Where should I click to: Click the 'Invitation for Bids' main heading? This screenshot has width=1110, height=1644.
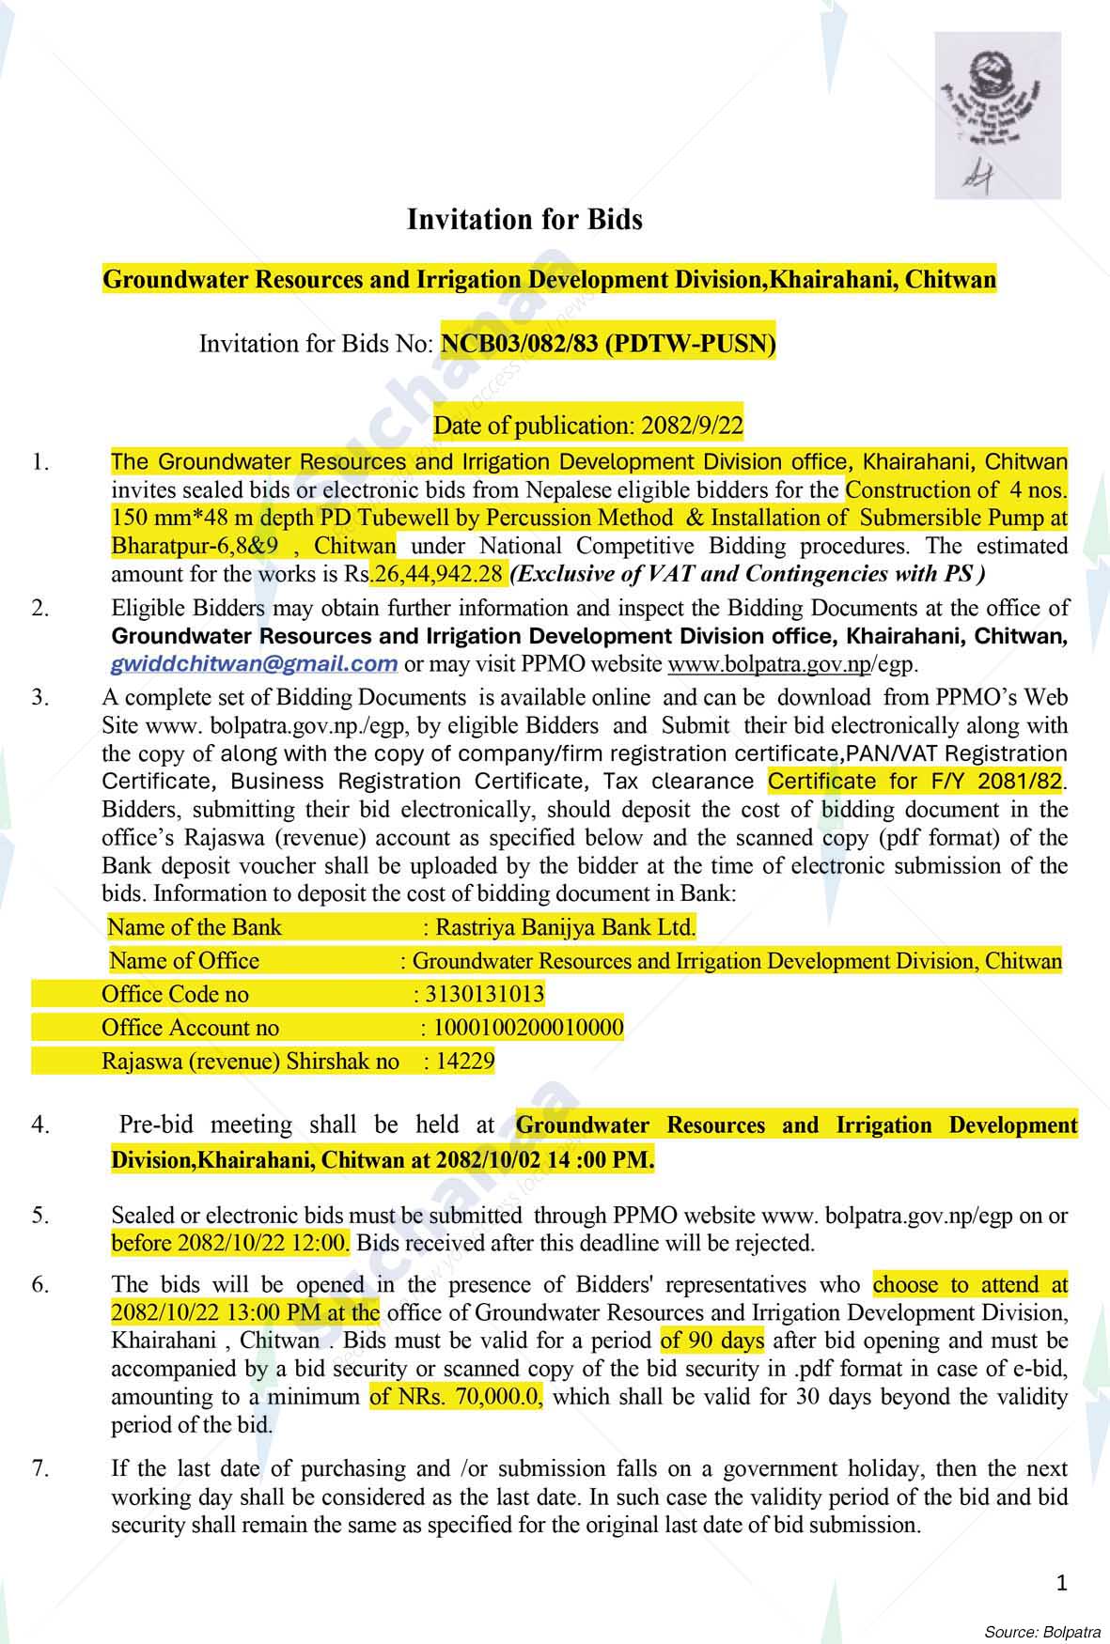(x=524, y=220)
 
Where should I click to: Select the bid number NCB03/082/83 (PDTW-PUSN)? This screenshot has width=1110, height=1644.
(x=608, y=344)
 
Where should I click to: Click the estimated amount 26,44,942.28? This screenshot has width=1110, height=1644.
(x=439, y=573)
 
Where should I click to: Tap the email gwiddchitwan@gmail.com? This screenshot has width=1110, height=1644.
(x=254, y=664)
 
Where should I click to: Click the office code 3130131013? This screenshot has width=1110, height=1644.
(x=485, y=994)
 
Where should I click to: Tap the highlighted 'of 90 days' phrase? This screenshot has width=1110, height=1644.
(x=712, y=1341)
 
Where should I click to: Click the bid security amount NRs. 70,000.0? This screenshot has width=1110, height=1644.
(x=456, y=1397)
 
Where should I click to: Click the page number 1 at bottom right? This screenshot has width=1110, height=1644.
(x=1062, y=1584)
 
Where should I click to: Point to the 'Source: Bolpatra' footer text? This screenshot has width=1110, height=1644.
(x=1042, y=1631)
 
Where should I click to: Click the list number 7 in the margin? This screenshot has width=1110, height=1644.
(x=39, y=1468)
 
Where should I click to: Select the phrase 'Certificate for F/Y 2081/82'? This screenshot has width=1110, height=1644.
(x=916, y=782)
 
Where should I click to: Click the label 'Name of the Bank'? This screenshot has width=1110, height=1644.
(x=195, y=928)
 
